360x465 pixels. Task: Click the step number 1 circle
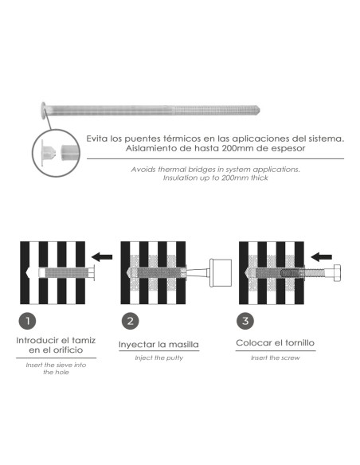pos(27,321)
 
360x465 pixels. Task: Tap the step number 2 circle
pos(130,321)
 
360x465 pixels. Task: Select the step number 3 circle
pos(245,321)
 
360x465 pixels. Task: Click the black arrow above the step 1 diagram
pos(102,257)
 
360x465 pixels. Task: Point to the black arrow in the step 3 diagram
pos(321,257)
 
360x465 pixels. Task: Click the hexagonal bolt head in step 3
pos(337,273)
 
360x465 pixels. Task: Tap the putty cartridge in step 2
pos(221,273)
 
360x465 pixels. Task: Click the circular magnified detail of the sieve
pos(56,153)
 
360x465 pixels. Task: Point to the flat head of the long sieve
pos(43,111)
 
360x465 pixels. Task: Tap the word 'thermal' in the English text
pos(170,170)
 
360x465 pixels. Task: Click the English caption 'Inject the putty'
pos(159,358)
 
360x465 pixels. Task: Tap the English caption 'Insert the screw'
pos(276,358)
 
